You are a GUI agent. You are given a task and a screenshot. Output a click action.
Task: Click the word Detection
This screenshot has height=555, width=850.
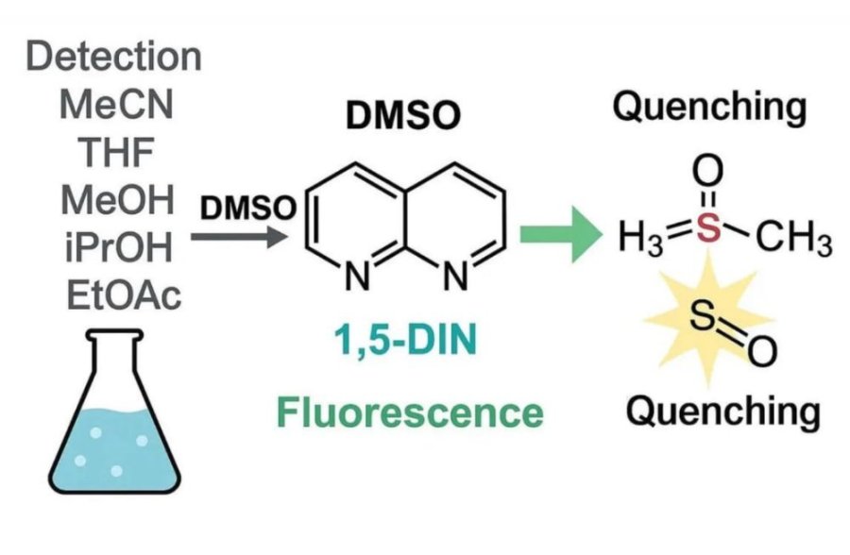(x=114, y=57)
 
